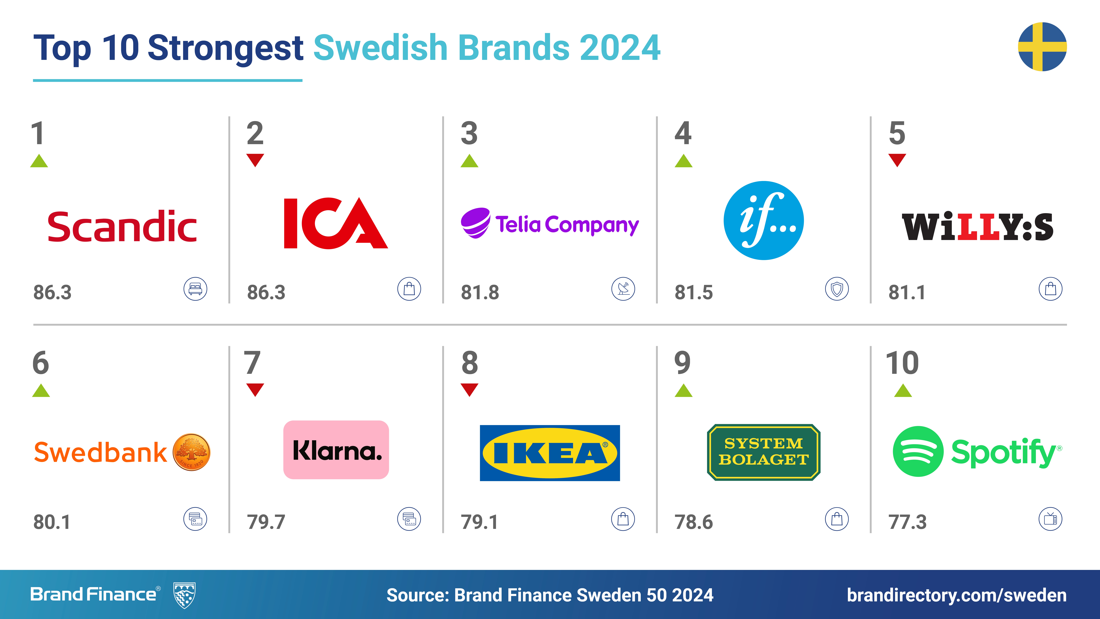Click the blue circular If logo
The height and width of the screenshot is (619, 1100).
coord(764,220)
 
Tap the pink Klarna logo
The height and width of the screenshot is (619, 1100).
coord(336,450)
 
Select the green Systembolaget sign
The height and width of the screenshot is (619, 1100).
coord(764,452)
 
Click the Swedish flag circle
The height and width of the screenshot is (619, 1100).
coord(1042,47)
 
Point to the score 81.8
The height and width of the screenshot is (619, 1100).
coord(480,293)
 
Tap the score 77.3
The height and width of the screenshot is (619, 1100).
coord(907,522)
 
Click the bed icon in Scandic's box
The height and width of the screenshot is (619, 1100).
coord(195,289)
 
